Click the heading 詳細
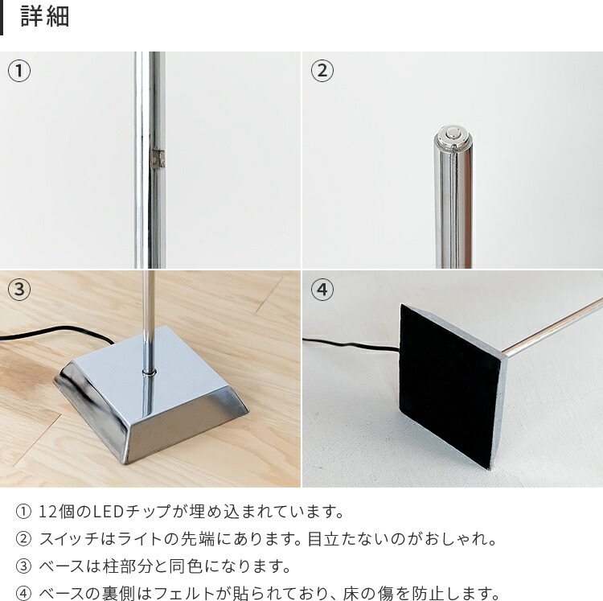(45, 18)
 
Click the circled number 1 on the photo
(19, 71)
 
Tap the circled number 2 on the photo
(322, 71)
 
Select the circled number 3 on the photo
(19, 290)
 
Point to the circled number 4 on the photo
(322, 290)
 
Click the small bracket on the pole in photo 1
(159, 158)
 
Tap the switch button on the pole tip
(453, 134)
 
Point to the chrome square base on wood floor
(153, 402)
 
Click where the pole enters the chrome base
(148, 372)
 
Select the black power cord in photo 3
(48, 336)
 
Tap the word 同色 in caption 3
(187, 566)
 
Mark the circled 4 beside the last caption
(23, 595)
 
